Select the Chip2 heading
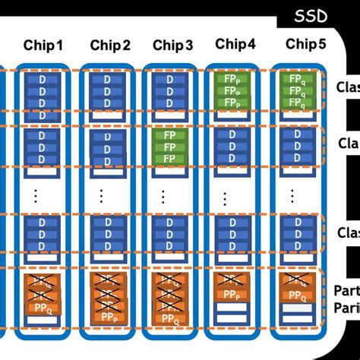click(x=110, y=46)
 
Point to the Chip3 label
click(x=172, y=46)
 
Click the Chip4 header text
click(x=235, y=45)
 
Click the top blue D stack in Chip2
click(x=106, y=93)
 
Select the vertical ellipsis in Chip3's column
click(x=163, y=196)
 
